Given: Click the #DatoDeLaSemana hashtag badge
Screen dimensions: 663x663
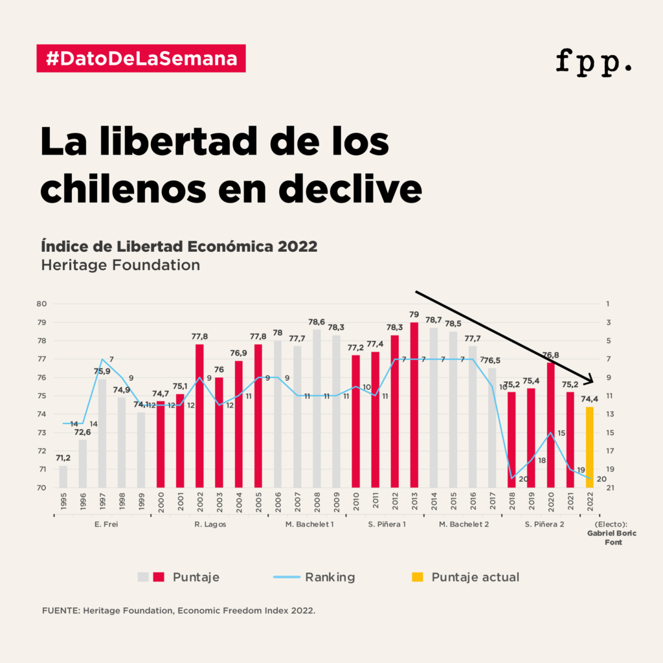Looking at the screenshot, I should pyautogui.click(x=141, y=58).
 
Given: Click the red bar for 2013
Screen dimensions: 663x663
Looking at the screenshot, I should pyautogui.click(x=414, y=405).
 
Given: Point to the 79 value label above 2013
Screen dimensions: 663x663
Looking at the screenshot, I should pyautogui.click(x=414, y=315).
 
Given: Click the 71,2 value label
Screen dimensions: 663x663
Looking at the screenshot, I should pyautogui.click(x=63, y=458).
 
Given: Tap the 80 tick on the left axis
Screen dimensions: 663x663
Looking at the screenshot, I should pyautogui.click(x=41, y=304).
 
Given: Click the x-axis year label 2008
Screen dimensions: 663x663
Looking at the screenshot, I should pyautogui.click(x=317, y=502).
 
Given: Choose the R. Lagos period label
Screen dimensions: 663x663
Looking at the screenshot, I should pyautogui.click(x=210, y=524).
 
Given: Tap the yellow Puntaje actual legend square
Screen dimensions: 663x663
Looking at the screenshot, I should pyautogui.click(x=418, y=577).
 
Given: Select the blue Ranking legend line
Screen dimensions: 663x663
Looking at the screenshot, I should pyautogui.click(x=283, y=577).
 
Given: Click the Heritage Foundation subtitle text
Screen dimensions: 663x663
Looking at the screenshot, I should pyautogui.click(x=120, y=265).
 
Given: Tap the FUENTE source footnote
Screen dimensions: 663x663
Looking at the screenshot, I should pyautogui.click(x=178, y=611).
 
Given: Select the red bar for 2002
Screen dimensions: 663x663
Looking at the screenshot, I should pyautogui.click(x=199, y=416).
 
